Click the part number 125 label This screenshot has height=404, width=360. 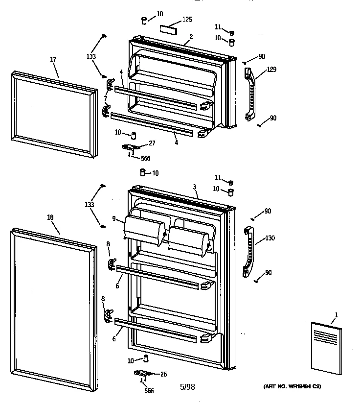[x=187, y=20]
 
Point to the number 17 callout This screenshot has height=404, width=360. [x=53, y=59]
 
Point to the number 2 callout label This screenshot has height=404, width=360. [x=191, y=37]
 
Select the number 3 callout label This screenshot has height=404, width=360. [x=195, y=187]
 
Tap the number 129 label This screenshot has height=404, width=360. [x=271, y=70]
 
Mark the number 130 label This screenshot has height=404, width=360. [x=270, y=238]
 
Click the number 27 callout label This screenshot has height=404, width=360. [x=152, y=143]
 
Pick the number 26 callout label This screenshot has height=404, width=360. [x=163, y=375]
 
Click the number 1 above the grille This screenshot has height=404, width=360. [x=336, y=314]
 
